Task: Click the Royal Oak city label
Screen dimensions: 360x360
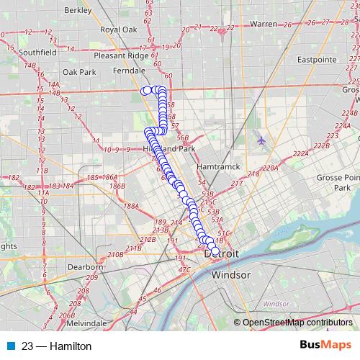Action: click(119, 30)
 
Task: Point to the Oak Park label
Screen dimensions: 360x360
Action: click(78, 72)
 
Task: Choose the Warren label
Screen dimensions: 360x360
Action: click(264, 24)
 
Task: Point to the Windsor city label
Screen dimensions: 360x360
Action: click(230, 275)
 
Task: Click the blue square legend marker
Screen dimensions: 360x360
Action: click(9, 346)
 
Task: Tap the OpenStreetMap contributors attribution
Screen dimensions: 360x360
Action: click(297, 323)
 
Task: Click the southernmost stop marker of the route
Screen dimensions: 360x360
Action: click(215, 251)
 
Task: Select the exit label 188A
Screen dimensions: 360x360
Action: click(130, 206)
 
